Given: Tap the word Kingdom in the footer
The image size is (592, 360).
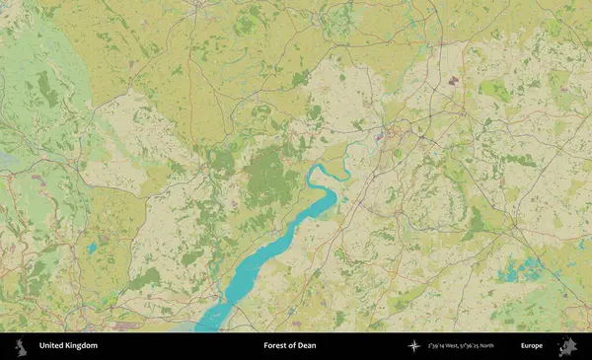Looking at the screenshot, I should [x=80, y=346].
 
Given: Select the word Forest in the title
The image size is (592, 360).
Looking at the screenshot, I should [x=276, y=346].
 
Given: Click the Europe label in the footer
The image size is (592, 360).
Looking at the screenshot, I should [x=532, y=346].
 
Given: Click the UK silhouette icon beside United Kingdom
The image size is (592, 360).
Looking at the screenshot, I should [x=19, y=346].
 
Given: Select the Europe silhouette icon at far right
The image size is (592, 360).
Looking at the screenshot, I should [x=567, y=346].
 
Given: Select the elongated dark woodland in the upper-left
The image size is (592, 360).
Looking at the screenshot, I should [x=46, y=89].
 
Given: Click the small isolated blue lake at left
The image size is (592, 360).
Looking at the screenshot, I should [x=93, y=248].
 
